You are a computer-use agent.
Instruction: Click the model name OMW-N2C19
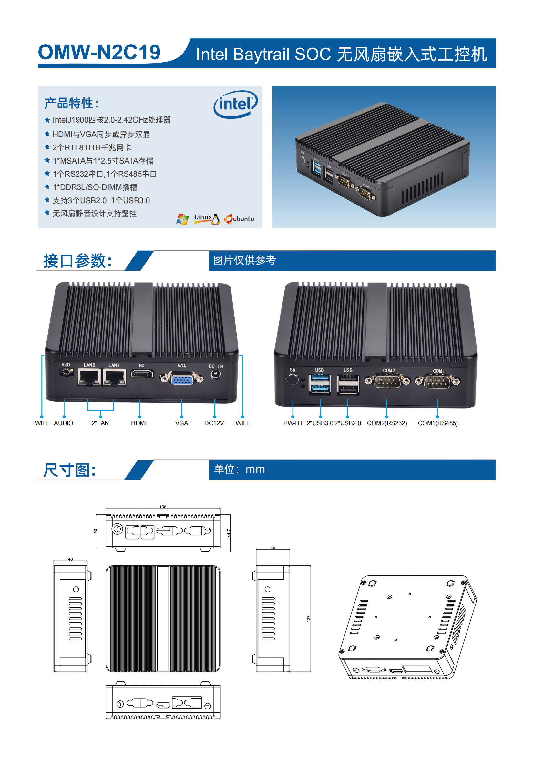pos(99,52)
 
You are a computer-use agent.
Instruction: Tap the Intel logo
pos(236,104)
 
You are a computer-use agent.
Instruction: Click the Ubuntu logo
pos(239,219)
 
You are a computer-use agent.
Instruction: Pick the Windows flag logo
pos(183,219)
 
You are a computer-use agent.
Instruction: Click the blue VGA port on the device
pos(182,378)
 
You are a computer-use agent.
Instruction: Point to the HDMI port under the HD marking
pos(142,374)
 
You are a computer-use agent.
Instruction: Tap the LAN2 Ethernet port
pos(89,377)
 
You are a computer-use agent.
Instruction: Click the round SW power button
pos(293,379)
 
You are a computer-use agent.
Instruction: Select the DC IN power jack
pos(216,375)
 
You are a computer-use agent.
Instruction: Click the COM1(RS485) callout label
pos(438,423)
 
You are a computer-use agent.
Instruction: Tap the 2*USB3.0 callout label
pos(320,423)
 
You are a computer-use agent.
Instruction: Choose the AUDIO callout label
pos(64,423)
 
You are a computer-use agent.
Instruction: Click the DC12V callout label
pos(214,423)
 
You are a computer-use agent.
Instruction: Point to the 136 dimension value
pos(163,507)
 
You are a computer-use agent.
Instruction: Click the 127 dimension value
pos(309,618)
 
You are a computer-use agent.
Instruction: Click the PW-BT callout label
pos(293,423)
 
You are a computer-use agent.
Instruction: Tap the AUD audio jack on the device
pos(67,371)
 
